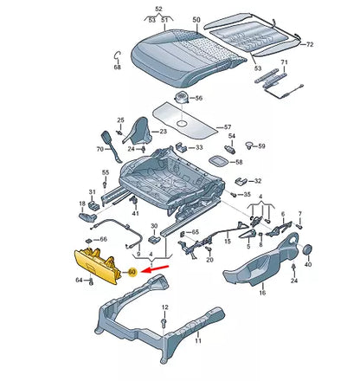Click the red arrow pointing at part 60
coord(152,271)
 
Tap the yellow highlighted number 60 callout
coord(132,272)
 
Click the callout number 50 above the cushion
coord(196,19)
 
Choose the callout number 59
coord(261,145)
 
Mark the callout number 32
coord(257,181)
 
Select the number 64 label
coord(79,281)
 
